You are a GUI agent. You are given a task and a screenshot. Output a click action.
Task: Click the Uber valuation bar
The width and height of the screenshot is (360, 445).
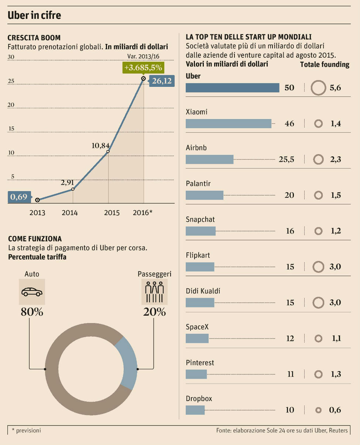232,88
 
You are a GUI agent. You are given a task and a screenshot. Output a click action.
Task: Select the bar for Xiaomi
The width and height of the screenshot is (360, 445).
228,123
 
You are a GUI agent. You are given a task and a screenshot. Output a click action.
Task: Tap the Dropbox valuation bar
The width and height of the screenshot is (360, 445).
195,410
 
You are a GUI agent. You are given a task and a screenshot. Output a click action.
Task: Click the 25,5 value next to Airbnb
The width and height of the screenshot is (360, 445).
287,159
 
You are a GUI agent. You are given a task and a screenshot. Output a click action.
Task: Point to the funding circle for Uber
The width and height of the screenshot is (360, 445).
318,88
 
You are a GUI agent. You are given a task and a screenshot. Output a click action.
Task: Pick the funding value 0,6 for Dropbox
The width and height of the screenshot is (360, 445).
335,410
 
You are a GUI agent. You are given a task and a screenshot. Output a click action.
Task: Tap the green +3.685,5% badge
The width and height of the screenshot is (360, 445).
143,68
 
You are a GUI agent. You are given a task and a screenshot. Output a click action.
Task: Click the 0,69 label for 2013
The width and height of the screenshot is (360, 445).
19,197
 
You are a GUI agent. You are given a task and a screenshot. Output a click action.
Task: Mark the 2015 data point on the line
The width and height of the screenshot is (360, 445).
108,152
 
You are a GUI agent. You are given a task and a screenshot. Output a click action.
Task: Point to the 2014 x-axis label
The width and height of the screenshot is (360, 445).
70,213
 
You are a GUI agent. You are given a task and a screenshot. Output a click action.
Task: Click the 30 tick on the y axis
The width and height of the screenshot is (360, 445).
11,57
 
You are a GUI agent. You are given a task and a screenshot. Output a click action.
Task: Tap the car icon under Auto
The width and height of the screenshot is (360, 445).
32,292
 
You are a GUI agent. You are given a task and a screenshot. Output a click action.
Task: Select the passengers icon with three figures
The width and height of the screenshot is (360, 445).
154,292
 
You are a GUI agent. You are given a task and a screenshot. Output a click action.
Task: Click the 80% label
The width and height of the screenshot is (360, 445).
32,312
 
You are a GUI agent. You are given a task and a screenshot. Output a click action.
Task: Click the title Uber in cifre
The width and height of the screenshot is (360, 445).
34,16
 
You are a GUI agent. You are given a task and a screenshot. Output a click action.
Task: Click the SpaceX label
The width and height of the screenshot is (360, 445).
197,327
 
